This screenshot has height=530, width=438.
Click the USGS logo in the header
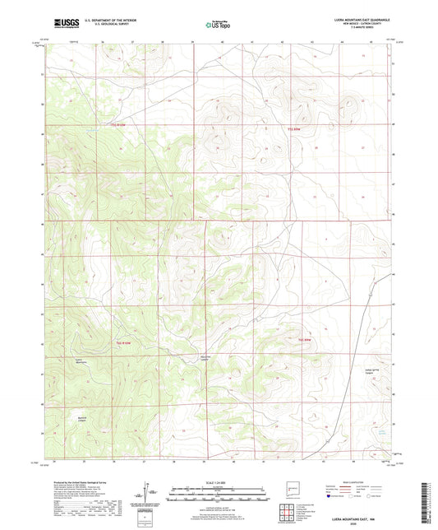pyautogui.click(x=63, y=23)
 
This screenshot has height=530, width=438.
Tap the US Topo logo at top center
pyautogui.click(x=218, y=25)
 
